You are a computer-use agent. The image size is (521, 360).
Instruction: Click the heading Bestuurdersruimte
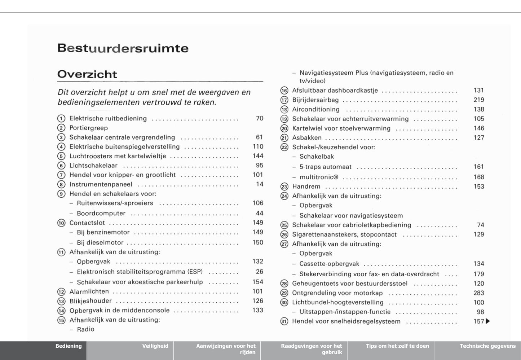pyautogui.click(x=123, y=48)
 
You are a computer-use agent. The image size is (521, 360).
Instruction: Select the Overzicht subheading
pyautogui.click(x=87, y=74)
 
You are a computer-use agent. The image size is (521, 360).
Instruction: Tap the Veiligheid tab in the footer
pyautogui.click(x=155, y=346)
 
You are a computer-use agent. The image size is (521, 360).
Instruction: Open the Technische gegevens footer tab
pyautogui.click(x=487, y=346)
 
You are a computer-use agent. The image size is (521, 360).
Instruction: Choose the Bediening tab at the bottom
pyautogui.click(x=69, y=346)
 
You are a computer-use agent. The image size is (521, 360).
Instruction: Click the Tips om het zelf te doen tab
pyautogui.click(x=397, y=346)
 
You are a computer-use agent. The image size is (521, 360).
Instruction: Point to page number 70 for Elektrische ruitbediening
pyautogui.click(x=260, y=118)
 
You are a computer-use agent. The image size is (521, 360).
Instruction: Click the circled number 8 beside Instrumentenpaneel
pyautogui.click(x=61, y=184)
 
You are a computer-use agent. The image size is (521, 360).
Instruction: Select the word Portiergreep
pyautogui.click(x=88, y=128)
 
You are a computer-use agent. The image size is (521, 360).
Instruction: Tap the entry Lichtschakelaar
pyautogui.click(x=93, y=166)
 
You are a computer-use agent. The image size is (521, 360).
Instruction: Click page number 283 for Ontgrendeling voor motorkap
pyautogui.click(x=479, y=293)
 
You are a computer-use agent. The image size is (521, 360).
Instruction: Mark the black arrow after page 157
pyautogui.click(x=488, y=321)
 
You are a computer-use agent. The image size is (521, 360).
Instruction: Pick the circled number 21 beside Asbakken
pyautogui.click(x=284, y=138)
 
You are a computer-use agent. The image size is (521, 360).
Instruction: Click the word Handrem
pyautogui.click(x=306, y=186)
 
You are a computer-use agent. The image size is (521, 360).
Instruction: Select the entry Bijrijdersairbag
pyautogui.click(x=315, y=100)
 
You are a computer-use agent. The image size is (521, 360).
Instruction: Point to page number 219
pyautogui.click(x=479, y=100)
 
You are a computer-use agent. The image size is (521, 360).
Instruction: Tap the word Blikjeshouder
pyautogui.click(x=90, y=301)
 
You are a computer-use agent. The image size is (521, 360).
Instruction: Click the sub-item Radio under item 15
pyautogui.click(x=85, y=329)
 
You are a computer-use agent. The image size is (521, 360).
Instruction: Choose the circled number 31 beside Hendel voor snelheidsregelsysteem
pyautogui.click(x=284, y=321)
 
